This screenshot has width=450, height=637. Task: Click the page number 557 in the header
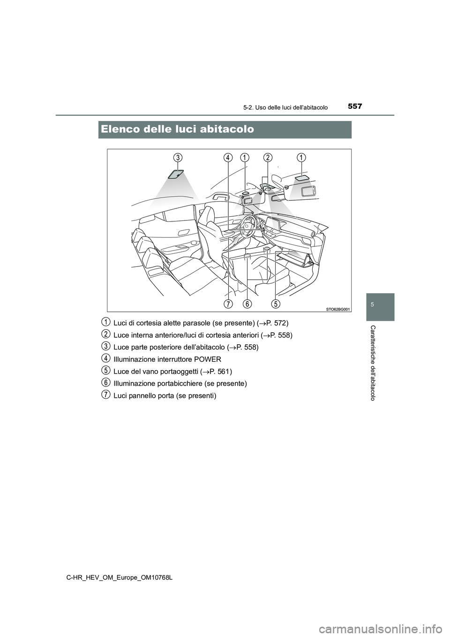pyautogui.click(x=354, y=106)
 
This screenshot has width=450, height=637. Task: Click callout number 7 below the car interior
pyautogui.click(x=228, y=303)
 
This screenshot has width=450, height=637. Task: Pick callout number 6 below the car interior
pyautogui.click(x=247, y=303)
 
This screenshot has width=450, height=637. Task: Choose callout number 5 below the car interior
pyautogui.click(x=276, y=303)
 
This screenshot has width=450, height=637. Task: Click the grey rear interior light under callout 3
pyautogui.click(x=175, y=174)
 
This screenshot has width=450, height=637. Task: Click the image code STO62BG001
pyautogui.click(x=337, y=308)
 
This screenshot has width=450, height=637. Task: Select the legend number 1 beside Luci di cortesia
pyautogui.click(x=106, y=322)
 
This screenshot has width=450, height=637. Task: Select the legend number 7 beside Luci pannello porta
pyautogui.click(x=106, y=394)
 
